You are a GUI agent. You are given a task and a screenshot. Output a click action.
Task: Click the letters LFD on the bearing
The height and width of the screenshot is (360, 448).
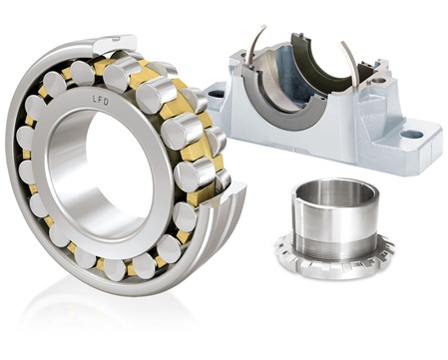point(100,100)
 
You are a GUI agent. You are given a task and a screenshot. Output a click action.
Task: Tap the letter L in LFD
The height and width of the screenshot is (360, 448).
point(95,98)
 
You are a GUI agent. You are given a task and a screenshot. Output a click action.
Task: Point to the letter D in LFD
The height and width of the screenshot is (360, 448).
point(106,102)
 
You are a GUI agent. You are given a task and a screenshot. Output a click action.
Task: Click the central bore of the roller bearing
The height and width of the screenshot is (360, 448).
point(100,173)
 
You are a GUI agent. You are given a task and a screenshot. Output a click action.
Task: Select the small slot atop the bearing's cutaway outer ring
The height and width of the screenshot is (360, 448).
point(116,39)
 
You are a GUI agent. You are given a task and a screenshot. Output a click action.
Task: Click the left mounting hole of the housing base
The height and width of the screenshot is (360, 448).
point(218,95)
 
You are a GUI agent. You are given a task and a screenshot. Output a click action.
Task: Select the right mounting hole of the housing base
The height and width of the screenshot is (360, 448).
point(411,135)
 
